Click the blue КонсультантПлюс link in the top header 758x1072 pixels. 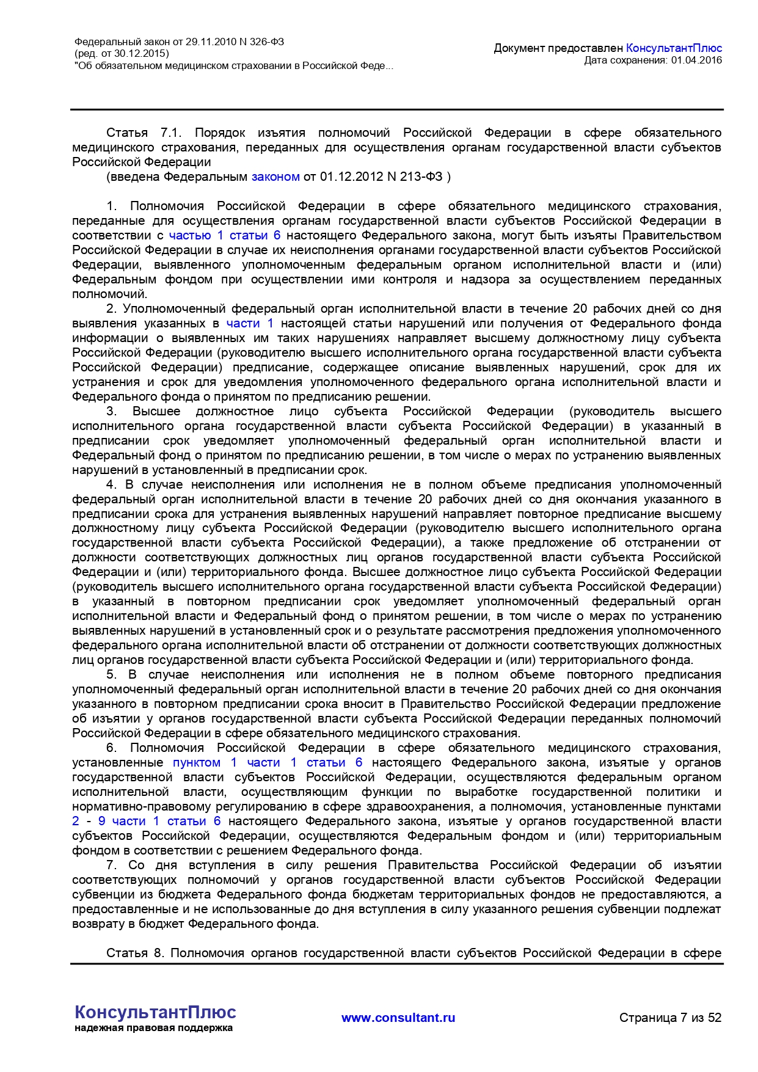674,48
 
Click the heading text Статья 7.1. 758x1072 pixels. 136,133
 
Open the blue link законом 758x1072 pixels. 275,177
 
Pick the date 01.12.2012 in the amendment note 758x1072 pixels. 346,177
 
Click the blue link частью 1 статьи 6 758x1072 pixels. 225,235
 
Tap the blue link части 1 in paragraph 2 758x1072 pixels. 250,323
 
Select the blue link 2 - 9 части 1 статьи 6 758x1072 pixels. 147,821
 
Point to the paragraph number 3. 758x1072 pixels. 111,411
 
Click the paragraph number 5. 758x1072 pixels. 111,674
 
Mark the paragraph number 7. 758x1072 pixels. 111,865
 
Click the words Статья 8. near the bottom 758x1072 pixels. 135,953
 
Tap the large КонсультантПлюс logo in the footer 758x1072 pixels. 155,1012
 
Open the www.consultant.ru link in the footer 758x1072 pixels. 398,1018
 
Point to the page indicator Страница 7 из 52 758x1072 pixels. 670,1018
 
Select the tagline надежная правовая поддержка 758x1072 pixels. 153,1028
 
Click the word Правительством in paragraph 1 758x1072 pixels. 672,235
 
